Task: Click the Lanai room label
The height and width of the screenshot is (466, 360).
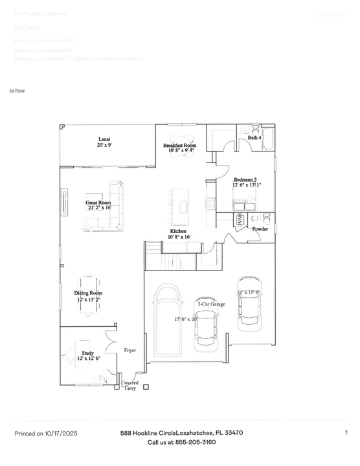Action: (104, 139)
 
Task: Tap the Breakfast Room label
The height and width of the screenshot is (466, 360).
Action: (179, 146)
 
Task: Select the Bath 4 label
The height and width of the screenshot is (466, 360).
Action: (254, 138)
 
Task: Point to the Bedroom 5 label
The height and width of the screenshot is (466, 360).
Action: (245, 180)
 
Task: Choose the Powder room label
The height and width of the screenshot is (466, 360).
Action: (260, 229)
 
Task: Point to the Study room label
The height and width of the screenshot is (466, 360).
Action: (88, 353)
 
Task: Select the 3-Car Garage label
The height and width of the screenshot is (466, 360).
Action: (211, 303)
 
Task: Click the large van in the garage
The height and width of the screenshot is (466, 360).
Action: (169, 317)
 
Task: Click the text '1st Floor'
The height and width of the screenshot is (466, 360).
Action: (16, 92)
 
